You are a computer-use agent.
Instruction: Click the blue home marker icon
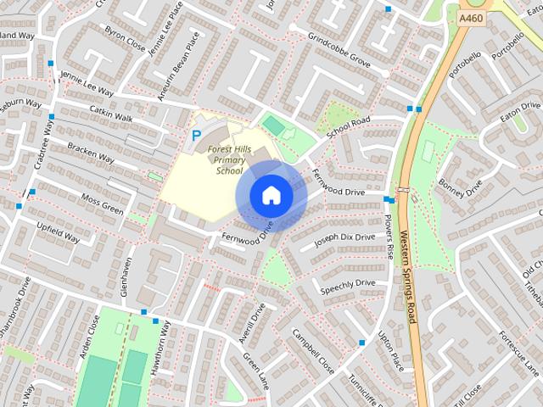click(x=271, y=196)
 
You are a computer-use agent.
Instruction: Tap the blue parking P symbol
click(x=196, y=135)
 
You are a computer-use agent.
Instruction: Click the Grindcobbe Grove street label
click(x=339, y=51)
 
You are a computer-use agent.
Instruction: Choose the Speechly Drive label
click(x=347, y=287)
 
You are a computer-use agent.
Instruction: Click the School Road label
click(x=349, y=127)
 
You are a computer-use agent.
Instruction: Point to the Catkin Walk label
click(x=111, y=113)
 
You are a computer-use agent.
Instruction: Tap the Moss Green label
click(x=102, y=202)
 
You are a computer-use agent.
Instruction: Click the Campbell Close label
click(x=313, y=351)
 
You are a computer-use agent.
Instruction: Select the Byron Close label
click(x=125, y=38)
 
